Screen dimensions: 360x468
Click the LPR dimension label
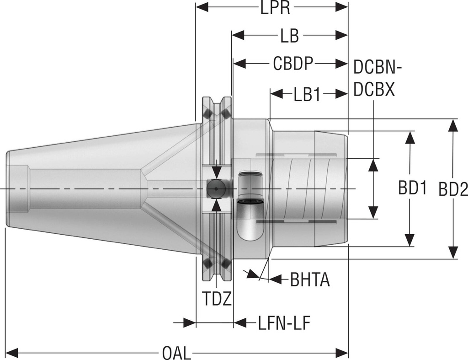point(275,8)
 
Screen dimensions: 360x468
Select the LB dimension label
point(289,36)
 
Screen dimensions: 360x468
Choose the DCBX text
point(374,90)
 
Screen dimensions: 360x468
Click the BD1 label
point(412,188)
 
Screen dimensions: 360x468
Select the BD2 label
point(453,188)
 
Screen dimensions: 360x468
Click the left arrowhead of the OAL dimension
point(12,353)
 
